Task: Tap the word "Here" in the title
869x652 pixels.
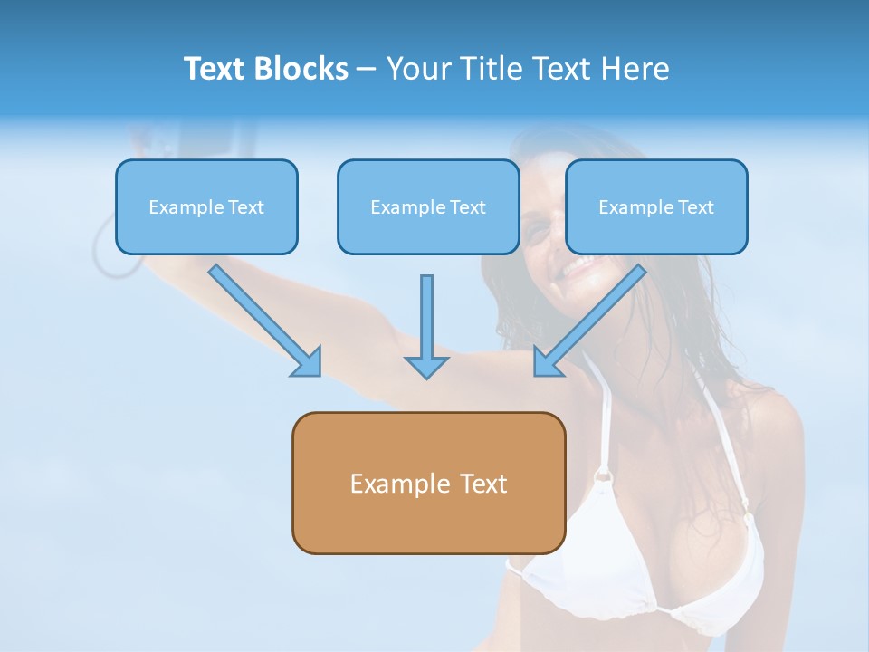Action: pyautogui.click(x=636, y=69)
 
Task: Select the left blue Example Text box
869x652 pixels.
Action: pyautogui.click(x=206, y=206)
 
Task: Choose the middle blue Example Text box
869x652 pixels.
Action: pyautogui.click(x=428, y=206)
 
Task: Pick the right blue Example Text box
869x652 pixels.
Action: pyautogui.click(x=656, y=206)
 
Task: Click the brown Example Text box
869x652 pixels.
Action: pyautogui.click(x=428, y=483)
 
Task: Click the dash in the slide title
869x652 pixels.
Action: pyautogui.click(x=367, y=69)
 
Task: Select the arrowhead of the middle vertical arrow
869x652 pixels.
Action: pyautogui.click(x=426, y=366)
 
